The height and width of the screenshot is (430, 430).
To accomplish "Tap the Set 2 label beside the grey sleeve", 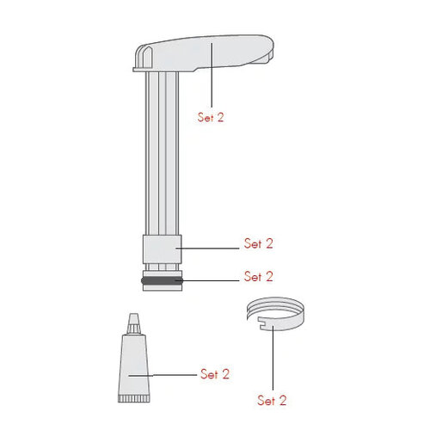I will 258,244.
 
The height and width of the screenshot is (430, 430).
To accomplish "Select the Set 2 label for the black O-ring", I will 258,277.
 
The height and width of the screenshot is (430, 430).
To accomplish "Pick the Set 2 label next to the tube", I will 215,374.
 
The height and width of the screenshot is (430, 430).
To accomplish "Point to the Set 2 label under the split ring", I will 272,400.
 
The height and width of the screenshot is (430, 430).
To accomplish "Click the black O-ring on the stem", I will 158,279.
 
